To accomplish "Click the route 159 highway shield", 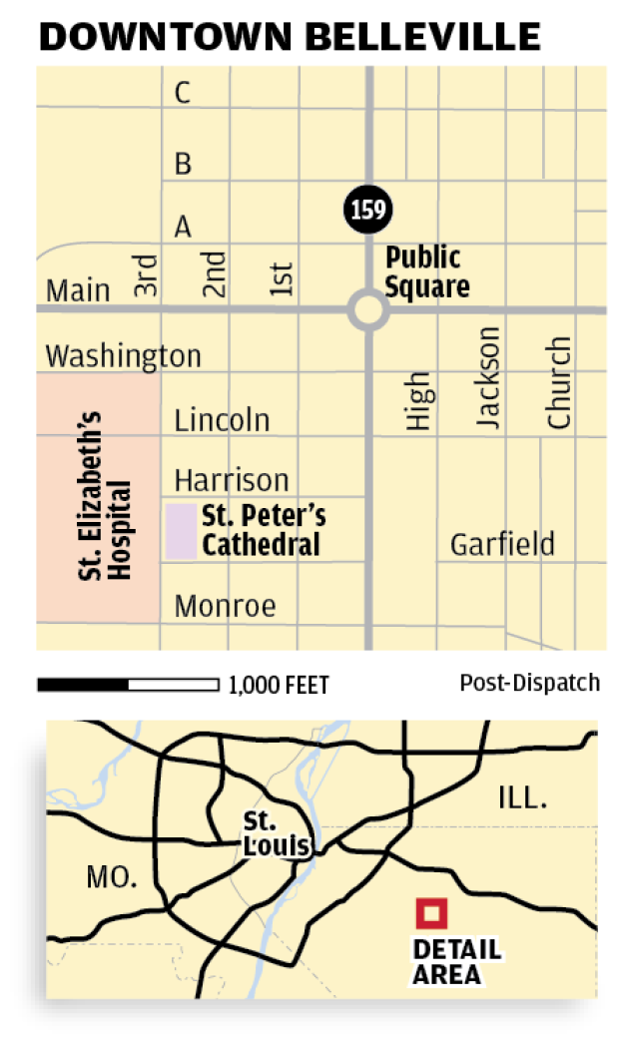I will (367, 210).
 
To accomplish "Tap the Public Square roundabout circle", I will (367, 309).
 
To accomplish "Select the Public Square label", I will (427, 272).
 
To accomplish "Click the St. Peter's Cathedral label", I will (263, 531).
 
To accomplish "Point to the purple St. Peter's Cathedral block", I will (180, 531).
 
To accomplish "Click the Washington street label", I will (124, 356).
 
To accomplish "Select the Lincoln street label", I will (222, 420).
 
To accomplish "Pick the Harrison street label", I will (232, 480).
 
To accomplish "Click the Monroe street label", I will (225, 606).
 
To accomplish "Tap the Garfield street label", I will (502, 545).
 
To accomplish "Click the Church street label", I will (559, 383).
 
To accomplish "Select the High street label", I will (419, 401).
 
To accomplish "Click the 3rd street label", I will (146, 276).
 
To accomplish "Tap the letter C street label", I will (183, 93).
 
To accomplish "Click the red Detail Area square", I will (432, 912).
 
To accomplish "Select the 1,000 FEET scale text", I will (279, 685).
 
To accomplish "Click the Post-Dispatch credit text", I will (529, 683).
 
